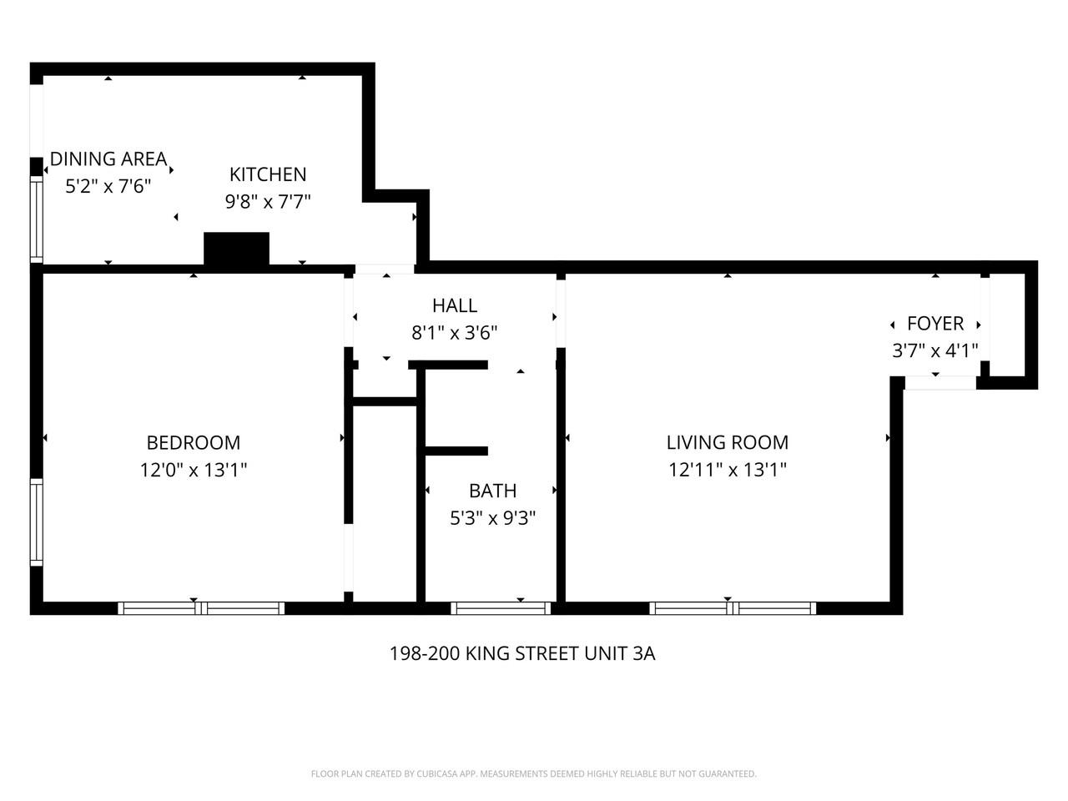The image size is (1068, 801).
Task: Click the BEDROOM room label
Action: click(x=193, y=442)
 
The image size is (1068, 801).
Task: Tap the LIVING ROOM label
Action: click(x=727, y=442)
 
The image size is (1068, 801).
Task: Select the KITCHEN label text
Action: click(x=268, y=174)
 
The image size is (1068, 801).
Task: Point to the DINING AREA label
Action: click(x=108, y=159)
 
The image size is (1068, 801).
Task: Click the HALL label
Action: click(x=455, y=305)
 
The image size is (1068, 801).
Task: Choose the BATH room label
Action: click(x=492, y=491)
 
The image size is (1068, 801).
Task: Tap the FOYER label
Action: click(x=935, y=324)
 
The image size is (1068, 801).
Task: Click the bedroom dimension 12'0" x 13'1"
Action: click(x=193, y=470)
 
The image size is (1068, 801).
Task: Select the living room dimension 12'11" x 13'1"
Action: click(x=727, y=470)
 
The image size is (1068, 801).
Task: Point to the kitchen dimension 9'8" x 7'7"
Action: click(x=268, y=201)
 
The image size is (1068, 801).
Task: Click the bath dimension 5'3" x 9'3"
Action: click(x=492, y=518)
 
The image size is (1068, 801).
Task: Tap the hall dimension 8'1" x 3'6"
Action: click(x=455, y=333)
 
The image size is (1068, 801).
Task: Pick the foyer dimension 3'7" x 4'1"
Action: click(x=935, y=350)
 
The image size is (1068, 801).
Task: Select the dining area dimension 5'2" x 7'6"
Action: click(x=108, y=185)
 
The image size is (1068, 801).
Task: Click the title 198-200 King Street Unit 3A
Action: click(x=522, y=653)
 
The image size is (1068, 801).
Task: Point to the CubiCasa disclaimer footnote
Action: click(x=534, y=774)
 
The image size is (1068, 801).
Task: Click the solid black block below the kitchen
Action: click(x=237, y=249)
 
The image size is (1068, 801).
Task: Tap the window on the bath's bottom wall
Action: click(x=501, y=608)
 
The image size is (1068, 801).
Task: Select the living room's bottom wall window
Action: click(x=732, y=608)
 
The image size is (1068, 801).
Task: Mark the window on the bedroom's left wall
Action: click(x=36, y=521)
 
